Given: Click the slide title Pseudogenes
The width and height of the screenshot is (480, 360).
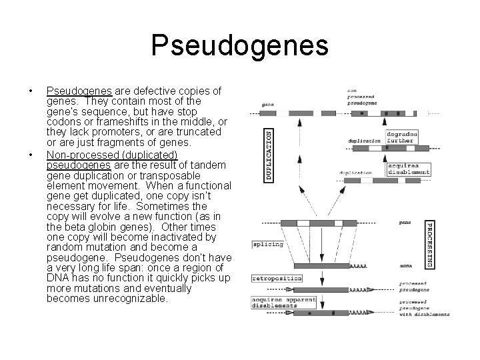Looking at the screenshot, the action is [240, 45].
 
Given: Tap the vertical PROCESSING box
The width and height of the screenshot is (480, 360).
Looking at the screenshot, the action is [429, 245].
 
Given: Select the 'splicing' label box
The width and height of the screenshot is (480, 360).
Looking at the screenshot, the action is [267, 244].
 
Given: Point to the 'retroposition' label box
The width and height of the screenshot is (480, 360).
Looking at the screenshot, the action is [277, 277].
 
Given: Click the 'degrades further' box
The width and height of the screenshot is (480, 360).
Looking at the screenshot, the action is [401, 137].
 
